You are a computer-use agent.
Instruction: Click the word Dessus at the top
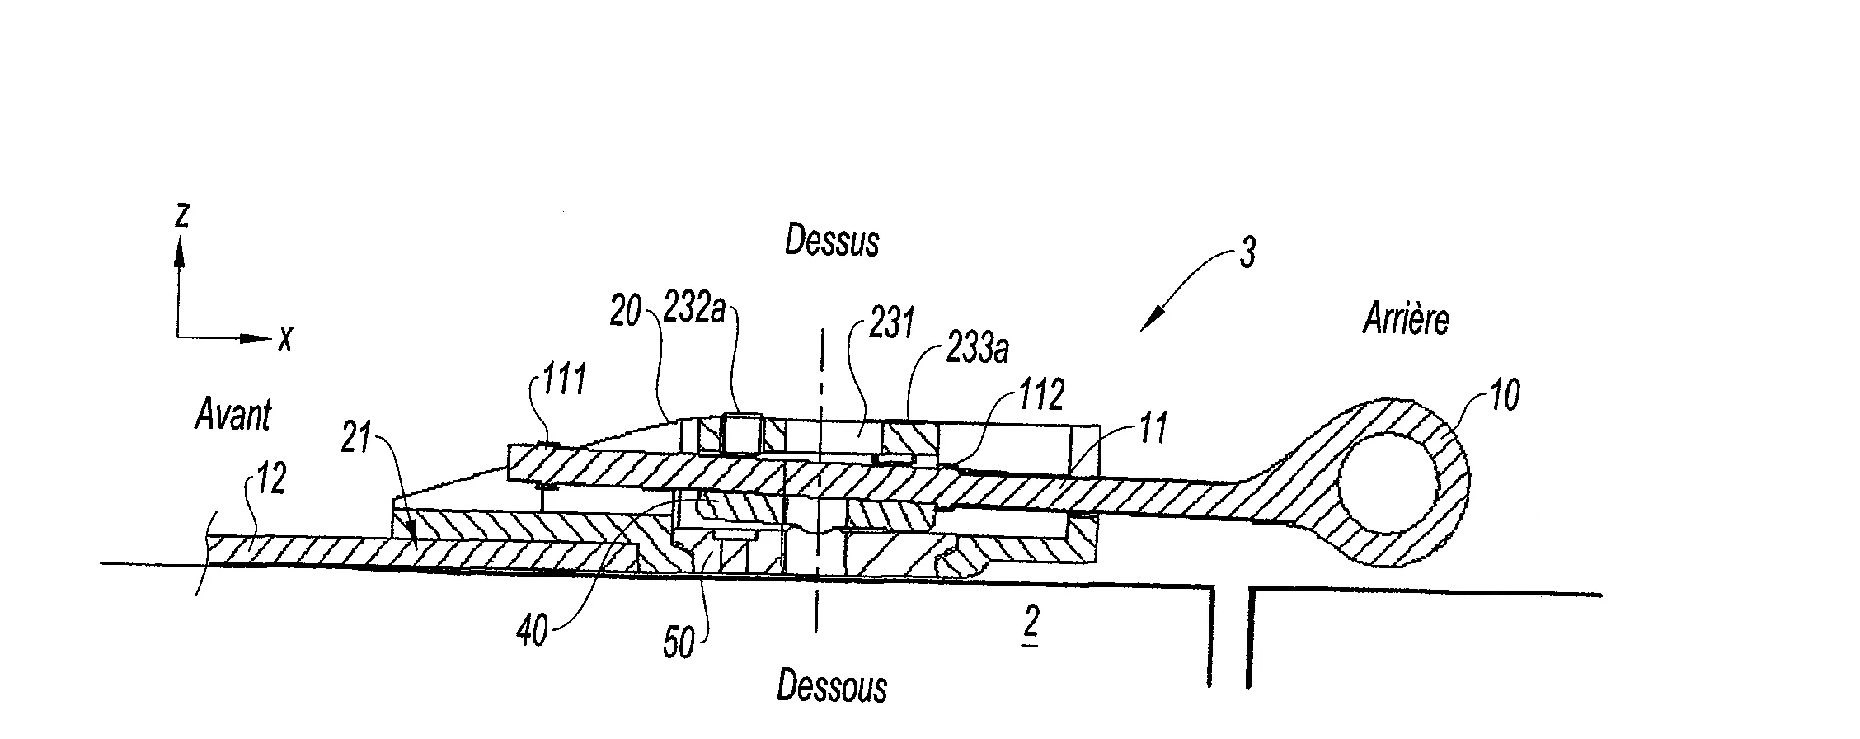pos(831,241)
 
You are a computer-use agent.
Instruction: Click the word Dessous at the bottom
pos(831,687)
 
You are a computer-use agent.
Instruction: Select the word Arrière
pos(1406,319)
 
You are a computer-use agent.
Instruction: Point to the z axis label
pos(182,214)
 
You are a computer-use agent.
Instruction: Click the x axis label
pos(285,337)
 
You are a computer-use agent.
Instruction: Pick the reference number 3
pos(1248,254)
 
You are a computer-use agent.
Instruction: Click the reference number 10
pos(1504,397)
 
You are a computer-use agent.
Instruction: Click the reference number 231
pos(890,322)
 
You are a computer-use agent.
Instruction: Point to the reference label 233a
pos(977,350)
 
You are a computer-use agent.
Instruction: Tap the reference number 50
pos(679,643)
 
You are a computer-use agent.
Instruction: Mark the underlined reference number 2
pos(1031,626)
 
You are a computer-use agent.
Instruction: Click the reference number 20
pos(626,313)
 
